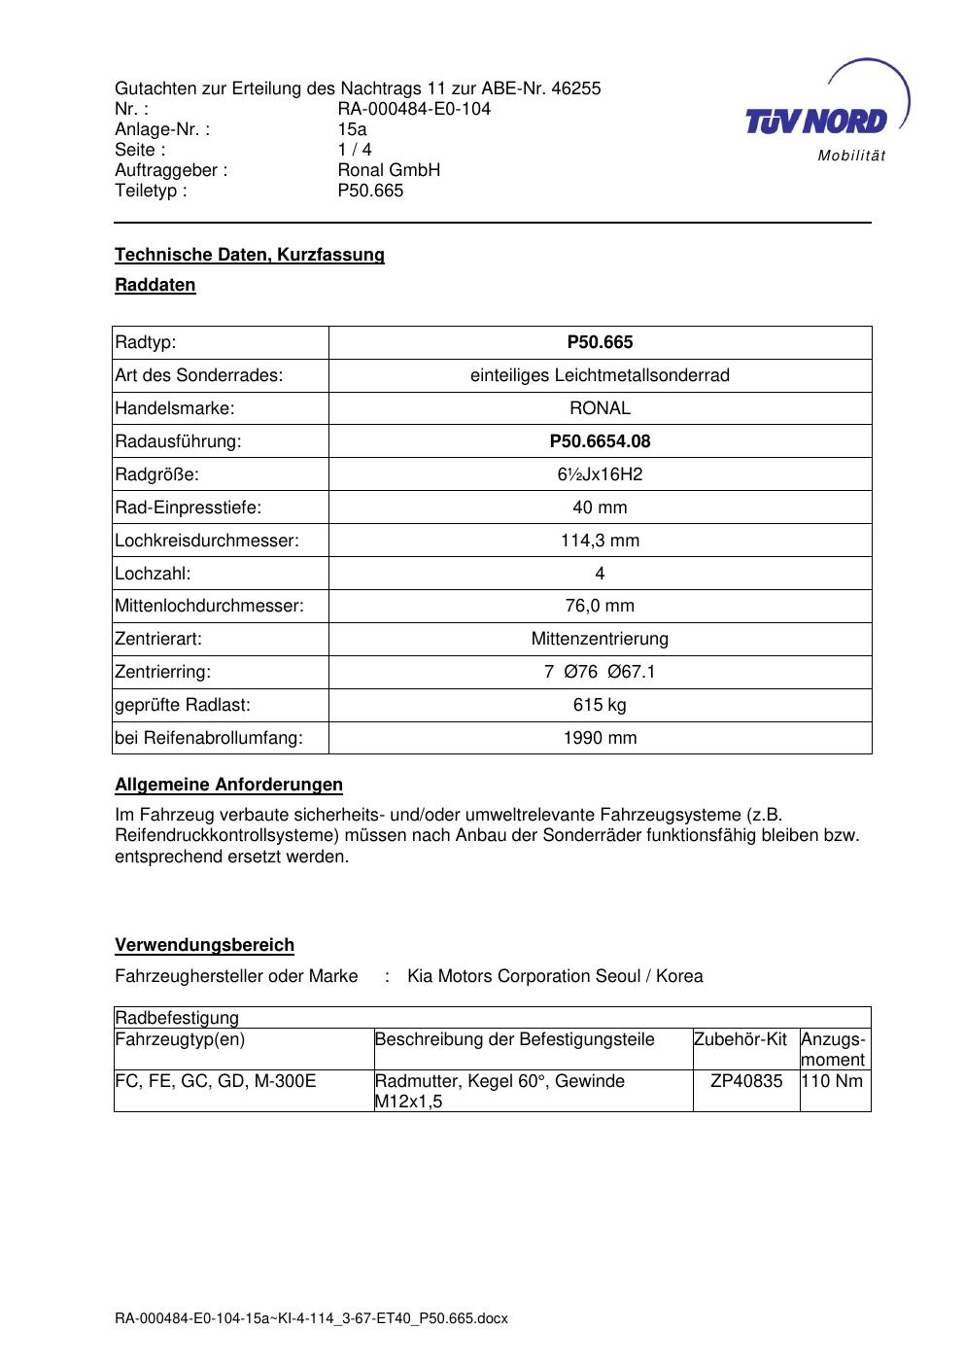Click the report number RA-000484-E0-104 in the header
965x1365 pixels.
[414, 109]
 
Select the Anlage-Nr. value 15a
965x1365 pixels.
[352, 129]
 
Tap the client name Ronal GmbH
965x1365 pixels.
[389, 170]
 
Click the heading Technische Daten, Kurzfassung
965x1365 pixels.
[250, 255]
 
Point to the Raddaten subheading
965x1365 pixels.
[155, 285]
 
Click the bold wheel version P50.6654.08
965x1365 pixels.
[600, 441]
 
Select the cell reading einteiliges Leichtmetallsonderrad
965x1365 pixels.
[600, 375]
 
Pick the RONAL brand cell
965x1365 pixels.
[600, 408]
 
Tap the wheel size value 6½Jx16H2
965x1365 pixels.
[600, 474]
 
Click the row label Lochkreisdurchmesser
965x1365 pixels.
[207, 541]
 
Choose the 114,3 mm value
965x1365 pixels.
[600, 541]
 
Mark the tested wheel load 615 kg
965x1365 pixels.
[600, 705]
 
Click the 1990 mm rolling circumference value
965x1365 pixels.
[600, 738]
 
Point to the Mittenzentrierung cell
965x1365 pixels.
[600, 639]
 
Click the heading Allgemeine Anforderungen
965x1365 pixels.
[228, 785]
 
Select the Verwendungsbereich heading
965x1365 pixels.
[204, 945]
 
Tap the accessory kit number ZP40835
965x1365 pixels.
[745, 1081]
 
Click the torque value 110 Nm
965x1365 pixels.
[833, 1081]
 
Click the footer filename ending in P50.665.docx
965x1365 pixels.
[311, 1319]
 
